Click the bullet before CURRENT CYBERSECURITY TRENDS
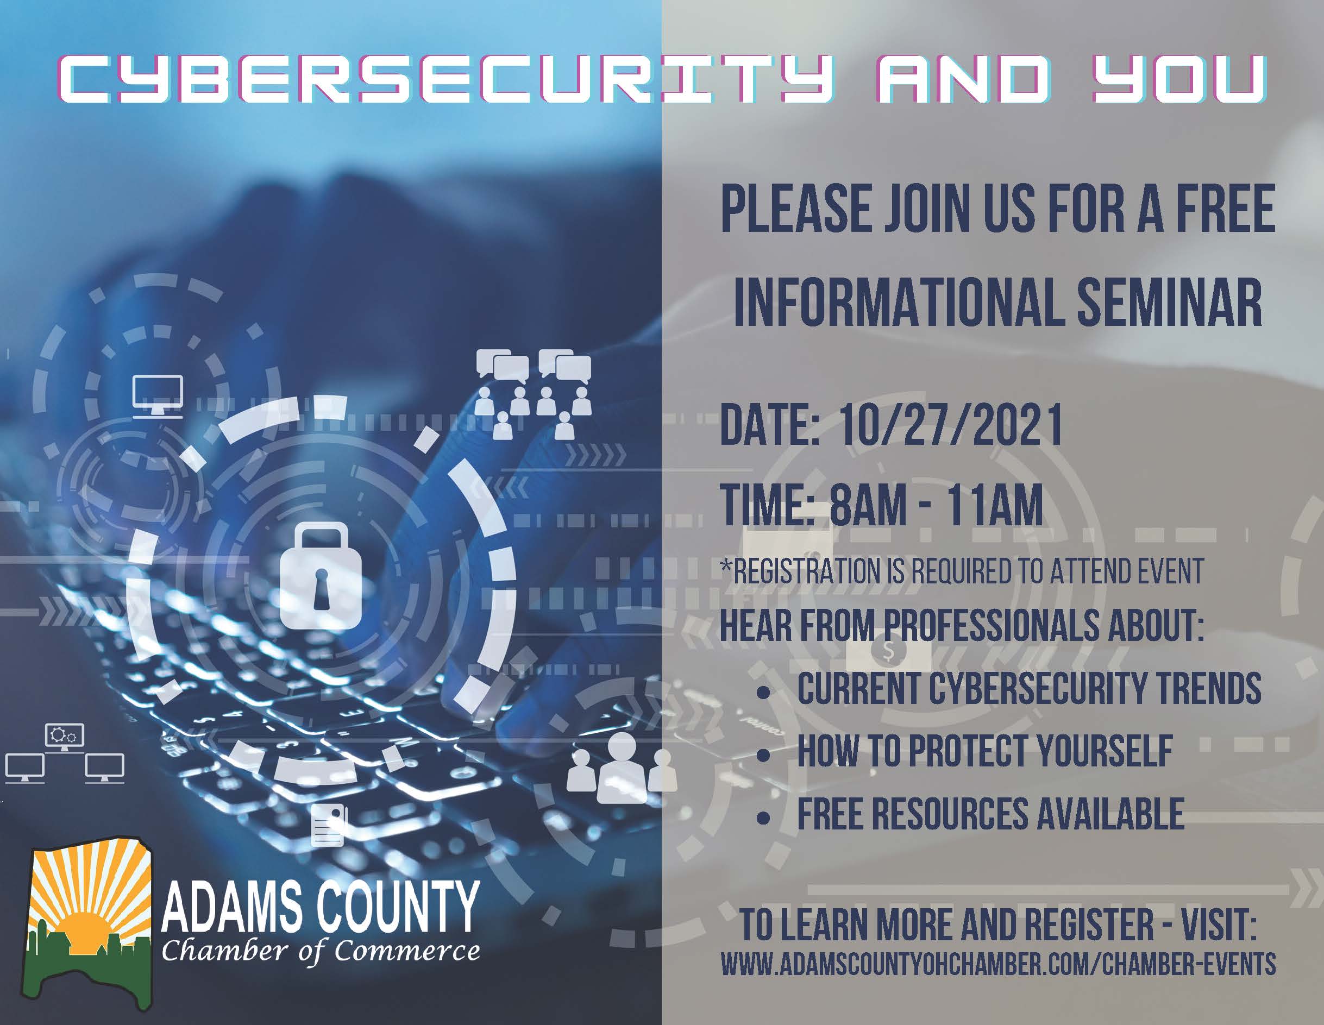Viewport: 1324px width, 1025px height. click(x=764, y=693)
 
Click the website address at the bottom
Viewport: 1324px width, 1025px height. click(x=998, y=964)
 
